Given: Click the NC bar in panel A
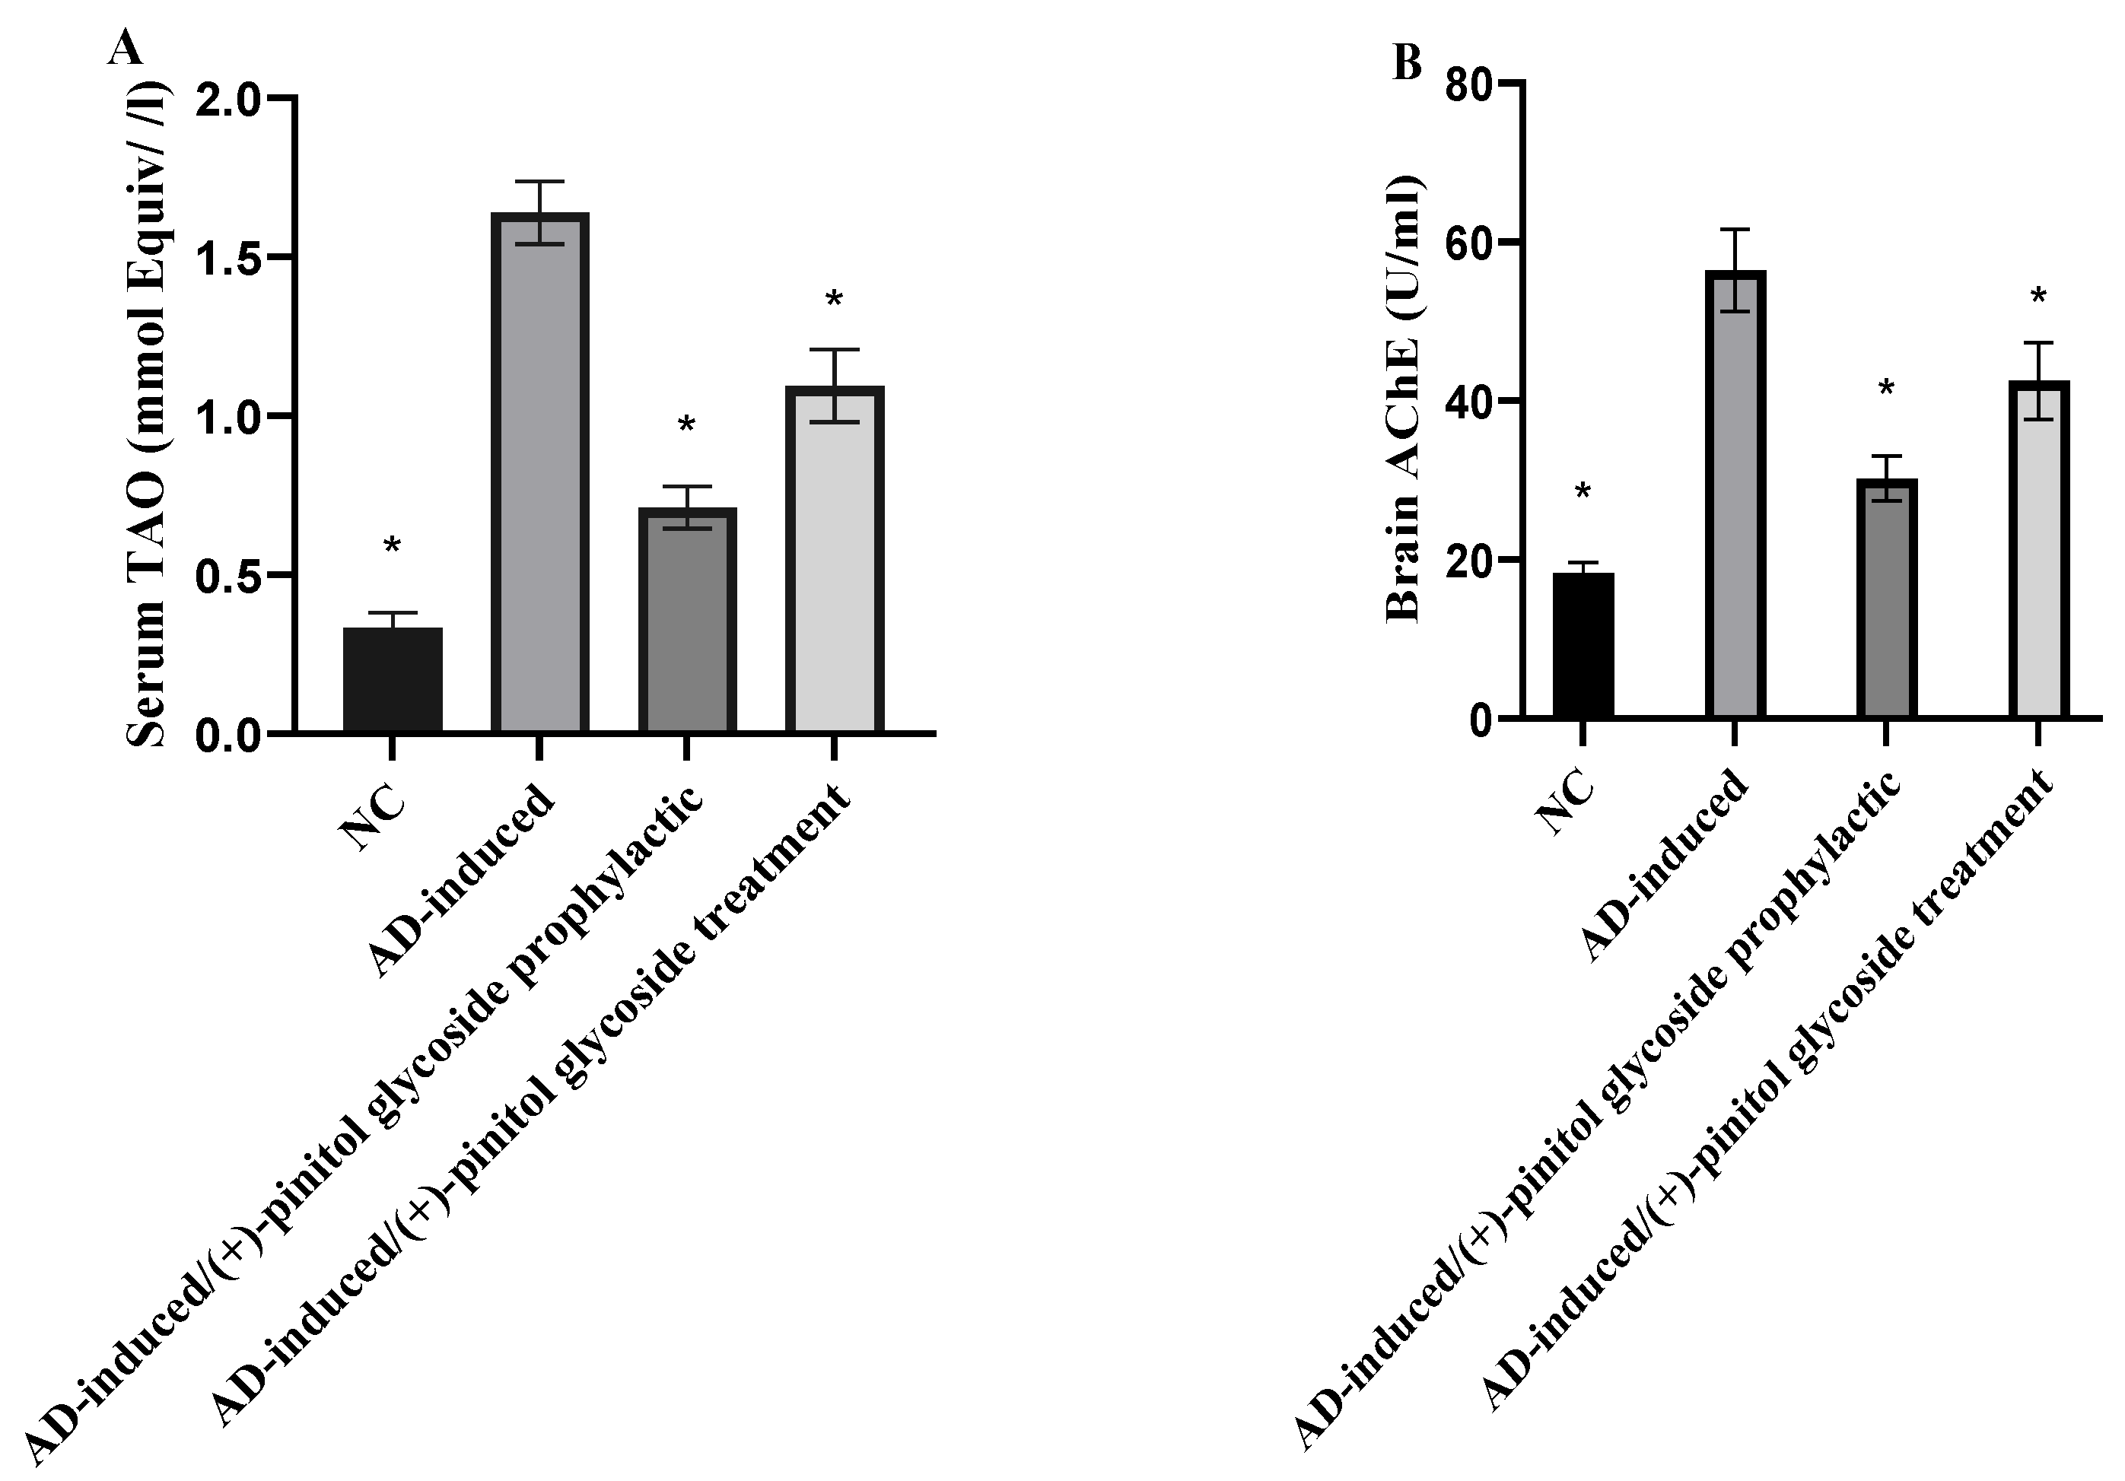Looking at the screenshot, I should point(393,680).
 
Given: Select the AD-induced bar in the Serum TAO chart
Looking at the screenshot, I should point(539,472).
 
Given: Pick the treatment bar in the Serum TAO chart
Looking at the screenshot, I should point(835,559).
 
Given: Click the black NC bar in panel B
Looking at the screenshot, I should point(1583,645).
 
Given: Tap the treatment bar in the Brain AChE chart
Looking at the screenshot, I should point(2038,548).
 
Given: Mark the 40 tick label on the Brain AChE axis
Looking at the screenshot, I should point(1470,402).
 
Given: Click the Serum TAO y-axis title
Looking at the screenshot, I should point(148,415).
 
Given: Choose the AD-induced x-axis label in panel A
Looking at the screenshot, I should point(463,879).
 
